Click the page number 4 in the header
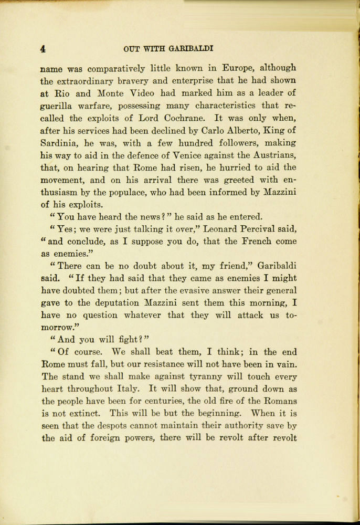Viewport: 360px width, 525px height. (43, 49)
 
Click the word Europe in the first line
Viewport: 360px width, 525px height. (239, 68)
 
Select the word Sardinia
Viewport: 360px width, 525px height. (60, 143)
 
